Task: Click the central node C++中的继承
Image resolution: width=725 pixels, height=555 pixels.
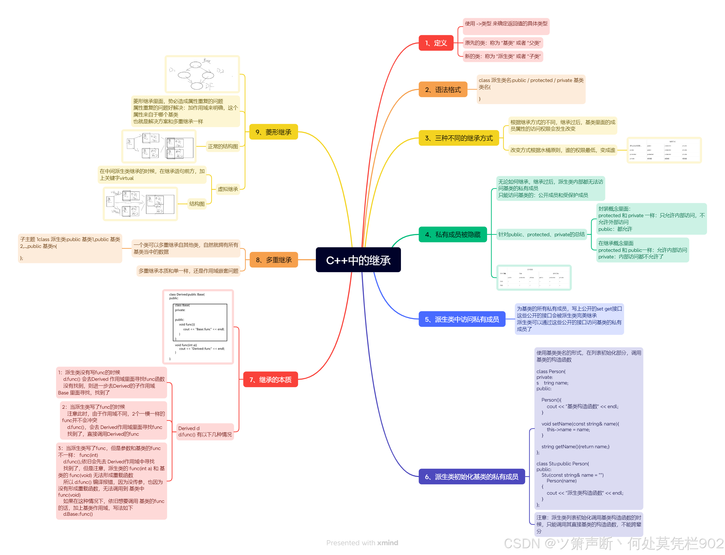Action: pyautogui.click(x=358, y=260)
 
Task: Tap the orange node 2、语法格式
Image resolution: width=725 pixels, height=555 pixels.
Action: pyautogui.click(x=443, y=90)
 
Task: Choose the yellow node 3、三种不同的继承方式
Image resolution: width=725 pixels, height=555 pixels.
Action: pyautogui.click(x=458, y=138)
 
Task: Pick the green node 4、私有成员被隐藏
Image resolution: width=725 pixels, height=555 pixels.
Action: pyautogui.click(x=452, y=235)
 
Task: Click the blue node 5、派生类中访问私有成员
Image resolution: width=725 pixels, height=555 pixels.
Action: pyautogui.click(x=461, y=319)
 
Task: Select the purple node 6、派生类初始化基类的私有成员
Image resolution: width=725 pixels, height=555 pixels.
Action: pyautogui.click(x=471, y=477)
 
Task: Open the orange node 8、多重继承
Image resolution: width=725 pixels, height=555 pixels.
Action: pyautogui.click(x=273, y=260)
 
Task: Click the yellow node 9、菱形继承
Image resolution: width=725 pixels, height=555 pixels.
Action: pyautogui.click(x=273, y=132)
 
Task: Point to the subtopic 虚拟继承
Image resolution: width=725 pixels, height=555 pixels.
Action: pyautogui.click(x=228, y=189)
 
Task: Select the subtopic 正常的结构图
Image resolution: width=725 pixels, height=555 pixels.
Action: pyautogui.click(x=223, y=146)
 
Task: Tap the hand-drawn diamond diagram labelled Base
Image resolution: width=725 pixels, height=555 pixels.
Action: pyautogui.click(x=202, y=74)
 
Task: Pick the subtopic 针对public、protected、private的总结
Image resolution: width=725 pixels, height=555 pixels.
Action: pyautogui.click(x=541, y=235)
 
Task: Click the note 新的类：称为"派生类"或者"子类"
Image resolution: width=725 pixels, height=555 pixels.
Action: pyautogui.click(x=502, y=56)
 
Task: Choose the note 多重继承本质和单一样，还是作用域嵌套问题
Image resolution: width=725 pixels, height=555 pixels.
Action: pyautogui.click(x=188, y=271)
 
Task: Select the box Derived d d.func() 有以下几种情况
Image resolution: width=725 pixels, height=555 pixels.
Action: pyautogui.click(x=205, y=431)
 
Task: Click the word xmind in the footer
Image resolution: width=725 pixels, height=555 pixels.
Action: pyautogui.click(x=388, y=543)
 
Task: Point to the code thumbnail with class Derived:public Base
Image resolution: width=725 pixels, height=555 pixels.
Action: pyautogui.click(x=198, y=327)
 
